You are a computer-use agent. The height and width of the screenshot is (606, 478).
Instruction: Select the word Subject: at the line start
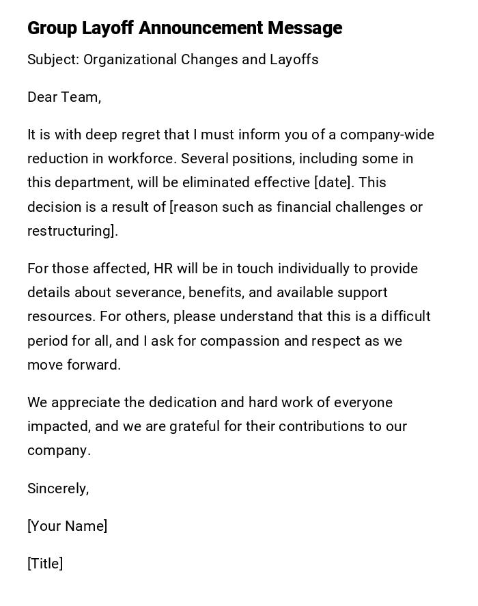pos(53,59)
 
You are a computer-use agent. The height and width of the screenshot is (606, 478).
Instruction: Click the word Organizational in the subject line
pos(130,59)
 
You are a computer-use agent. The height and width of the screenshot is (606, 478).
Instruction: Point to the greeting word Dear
pos(42,97)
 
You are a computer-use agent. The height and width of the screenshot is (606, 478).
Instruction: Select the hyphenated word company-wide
pos(387,135)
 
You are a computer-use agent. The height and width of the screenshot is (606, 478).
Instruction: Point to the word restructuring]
pos(72,231)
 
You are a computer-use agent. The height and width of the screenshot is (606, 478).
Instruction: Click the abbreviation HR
pos(163,268)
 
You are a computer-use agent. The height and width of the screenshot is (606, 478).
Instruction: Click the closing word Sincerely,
pos(58,488)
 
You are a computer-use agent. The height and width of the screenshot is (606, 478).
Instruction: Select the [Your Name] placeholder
pos(67,526)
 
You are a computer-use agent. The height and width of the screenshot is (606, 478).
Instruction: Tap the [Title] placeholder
pos(45,564)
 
